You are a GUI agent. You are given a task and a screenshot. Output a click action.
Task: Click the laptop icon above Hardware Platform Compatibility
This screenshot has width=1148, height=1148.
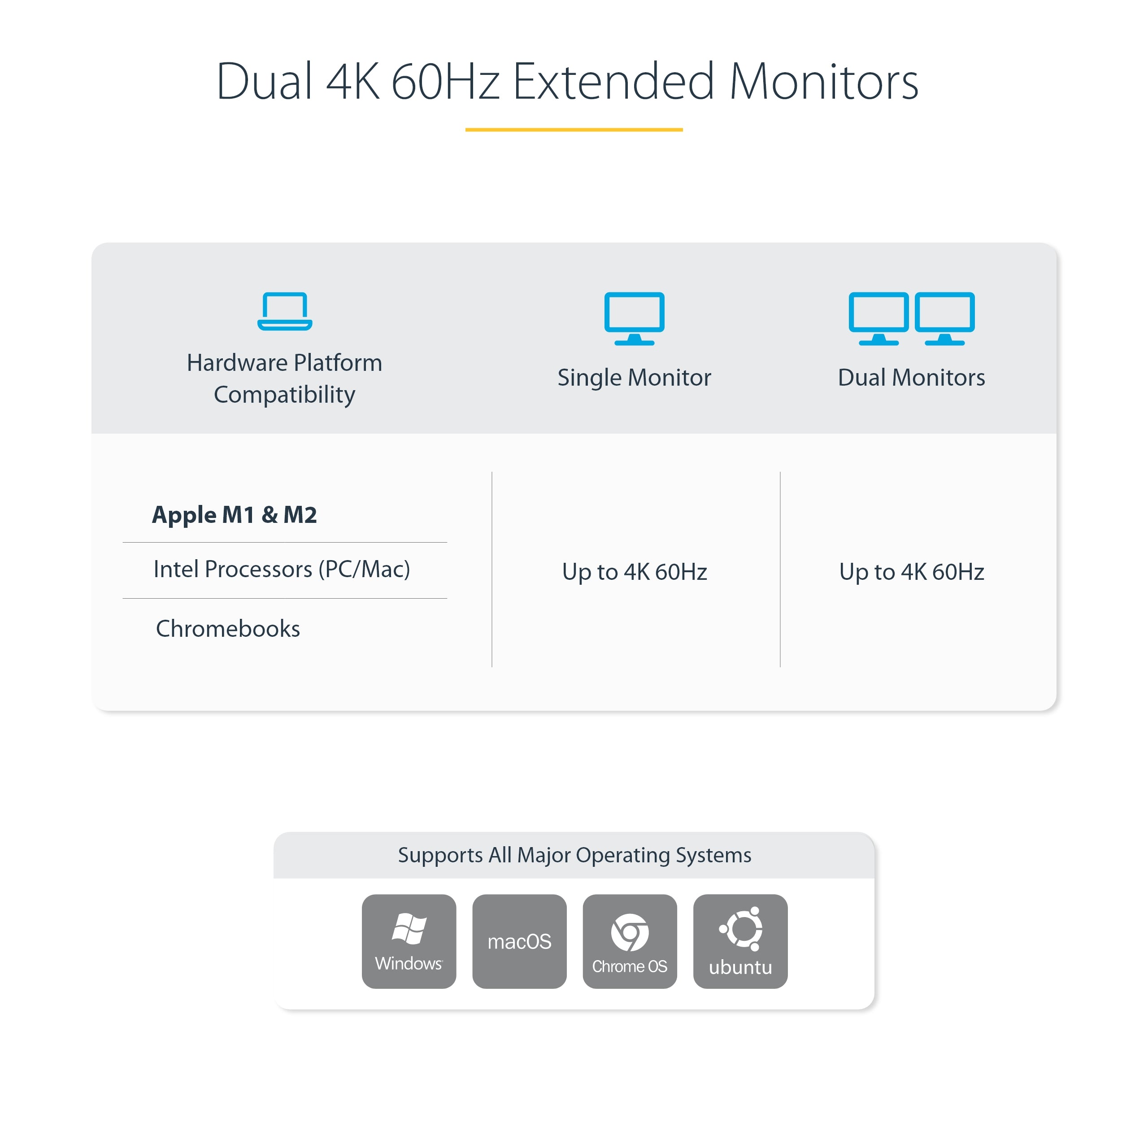click(x=285, y=311)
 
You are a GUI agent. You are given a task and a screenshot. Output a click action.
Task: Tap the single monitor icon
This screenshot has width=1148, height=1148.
click(x=634, y=318)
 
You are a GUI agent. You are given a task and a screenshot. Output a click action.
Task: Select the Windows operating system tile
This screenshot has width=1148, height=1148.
click(x=409, y=941)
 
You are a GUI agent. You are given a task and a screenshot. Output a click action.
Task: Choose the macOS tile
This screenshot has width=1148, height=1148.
click(x=519, y=941)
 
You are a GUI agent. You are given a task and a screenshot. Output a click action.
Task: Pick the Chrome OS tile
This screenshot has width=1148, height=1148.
click(x=630, y=941)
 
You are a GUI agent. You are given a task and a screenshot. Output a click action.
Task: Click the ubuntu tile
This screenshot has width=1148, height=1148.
click(x=740, y=941)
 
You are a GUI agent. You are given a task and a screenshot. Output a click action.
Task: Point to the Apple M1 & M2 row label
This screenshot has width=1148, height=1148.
click(x=235, y=514)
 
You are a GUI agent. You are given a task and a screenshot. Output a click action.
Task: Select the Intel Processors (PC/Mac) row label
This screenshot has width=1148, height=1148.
click(x=282, y=569)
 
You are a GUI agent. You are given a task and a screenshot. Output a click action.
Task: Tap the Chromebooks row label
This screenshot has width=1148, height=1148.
click(x=228, y=629)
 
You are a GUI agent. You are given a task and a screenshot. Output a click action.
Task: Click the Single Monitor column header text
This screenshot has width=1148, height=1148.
click(x=634, y=377)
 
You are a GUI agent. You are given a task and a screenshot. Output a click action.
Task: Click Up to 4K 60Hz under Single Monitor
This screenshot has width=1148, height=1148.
click(x=635, y=572)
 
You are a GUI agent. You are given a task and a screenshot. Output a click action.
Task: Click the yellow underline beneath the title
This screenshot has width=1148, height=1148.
click(x=574, y=129)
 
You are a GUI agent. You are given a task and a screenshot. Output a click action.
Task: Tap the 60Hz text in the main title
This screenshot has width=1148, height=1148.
click(x=445, y=82)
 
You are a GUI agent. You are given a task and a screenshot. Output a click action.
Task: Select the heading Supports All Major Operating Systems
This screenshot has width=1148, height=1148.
click(x=574, y=855)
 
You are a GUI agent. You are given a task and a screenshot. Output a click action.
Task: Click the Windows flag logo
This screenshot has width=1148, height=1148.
click(x=409, y=929)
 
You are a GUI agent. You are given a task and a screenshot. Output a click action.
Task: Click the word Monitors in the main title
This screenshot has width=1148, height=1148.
click(x=824, y=82)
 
